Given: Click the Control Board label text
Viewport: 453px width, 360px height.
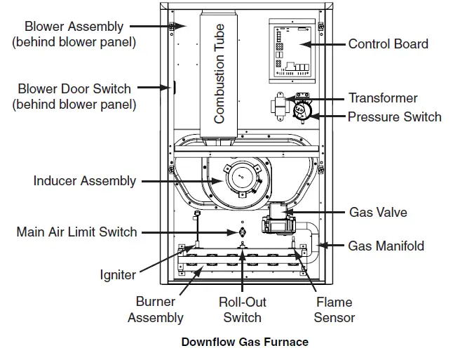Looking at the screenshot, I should (x=388, y=44).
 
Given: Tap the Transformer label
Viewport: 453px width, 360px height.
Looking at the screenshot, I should (x=382, y=98).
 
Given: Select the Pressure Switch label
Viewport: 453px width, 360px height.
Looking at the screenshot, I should (x=394, y=116).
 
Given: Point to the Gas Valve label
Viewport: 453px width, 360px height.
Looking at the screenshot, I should (x=377, y=212).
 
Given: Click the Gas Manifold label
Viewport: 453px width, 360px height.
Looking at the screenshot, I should (x=386, y=246).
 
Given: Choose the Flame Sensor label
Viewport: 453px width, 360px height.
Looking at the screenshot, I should (x=334, y=310).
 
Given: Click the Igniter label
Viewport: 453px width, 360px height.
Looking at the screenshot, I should (x=117, y=274).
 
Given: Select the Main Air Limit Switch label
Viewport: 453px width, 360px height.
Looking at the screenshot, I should (x=76, y=232).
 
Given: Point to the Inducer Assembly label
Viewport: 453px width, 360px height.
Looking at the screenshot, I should (x=84, y=181).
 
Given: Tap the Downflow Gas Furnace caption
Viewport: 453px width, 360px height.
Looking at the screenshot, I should (x=245, y=342).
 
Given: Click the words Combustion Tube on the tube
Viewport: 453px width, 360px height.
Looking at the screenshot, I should (x=219, y=74).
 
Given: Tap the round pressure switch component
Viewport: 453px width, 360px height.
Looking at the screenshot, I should (x=304, y=109).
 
